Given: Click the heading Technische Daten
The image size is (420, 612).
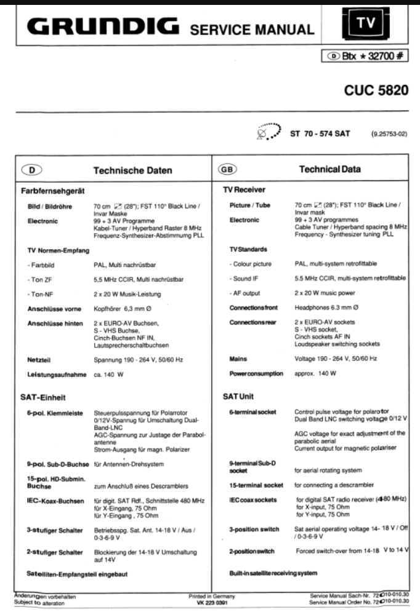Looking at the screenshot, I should (132, 170).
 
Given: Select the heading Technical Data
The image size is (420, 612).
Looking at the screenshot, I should (329, 170).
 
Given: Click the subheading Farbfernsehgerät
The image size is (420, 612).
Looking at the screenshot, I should (51, 191).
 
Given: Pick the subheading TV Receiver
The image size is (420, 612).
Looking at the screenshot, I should (245, 191).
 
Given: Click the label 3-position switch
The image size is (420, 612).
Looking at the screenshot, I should (254, 529).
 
